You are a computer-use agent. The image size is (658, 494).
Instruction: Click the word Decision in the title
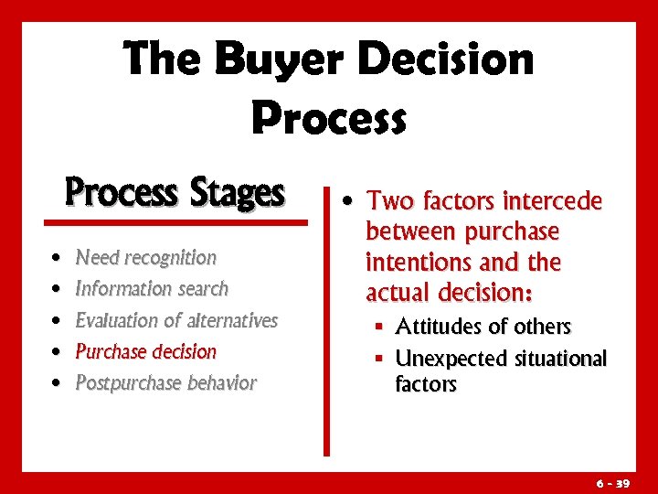coord(446,60)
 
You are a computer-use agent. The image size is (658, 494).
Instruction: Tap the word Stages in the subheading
coord(237,193)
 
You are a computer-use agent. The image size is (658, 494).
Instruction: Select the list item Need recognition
coord(145,258)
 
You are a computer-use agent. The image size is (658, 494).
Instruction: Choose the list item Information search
coord(151,289)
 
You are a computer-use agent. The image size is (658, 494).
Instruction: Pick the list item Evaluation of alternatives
coord(175,320)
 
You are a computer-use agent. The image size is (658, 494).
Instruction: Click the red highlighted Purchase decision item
coord(145,351)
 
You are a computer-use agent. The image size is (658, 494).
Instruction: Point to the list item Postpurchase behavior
coord(165,382)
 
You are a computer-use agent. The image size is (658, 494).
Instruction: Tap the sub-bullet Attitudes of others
coord(483,327)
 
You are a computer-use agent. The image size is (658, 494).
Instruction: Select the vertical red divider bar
coord(326,319)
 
